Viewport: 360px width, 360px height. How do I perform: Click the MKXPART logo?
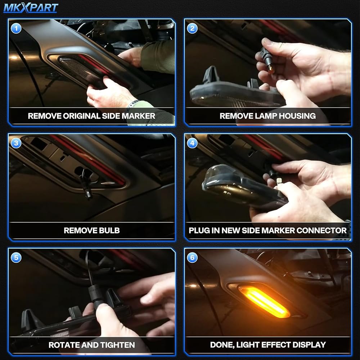[31, 8]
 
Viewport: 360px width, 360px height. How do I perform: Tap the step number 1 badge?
[16, 28]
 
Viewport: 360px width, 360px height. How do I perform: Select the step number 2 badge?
[192, 28]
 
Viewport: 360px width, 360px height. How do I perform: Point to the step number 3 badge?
[16, 143]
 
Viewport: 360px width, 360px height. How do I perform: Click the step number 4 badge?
[192, 143]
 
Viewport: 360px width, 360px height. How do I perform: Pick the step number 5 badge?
[16, 258]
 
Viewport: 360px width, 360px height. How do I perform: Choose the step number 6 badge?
[192, 258]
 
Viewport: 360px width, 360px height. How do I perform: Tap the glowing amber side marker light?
[264, 301]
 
